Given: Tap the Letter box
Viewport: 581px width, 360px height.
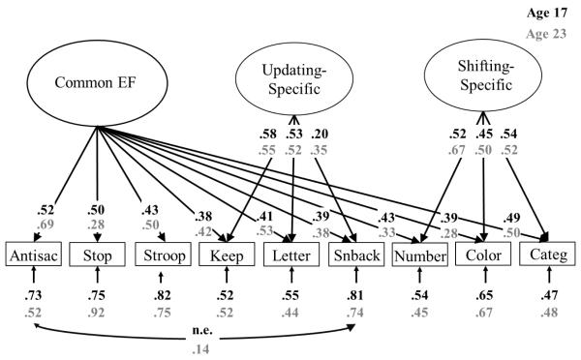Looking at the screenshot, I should (x=291, y=257).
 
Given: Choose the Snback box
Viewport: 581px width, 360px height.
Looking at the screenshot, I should (x=355, y=257).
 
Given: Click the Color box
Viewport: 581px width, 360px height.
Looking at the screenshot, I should (x=484, y=257).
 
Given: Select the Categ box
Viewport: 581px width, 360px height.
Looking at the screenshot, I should (x=548, y=257).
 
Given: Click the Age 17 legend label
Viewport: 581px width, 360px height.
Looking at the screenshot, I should (x=554, y=14).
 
